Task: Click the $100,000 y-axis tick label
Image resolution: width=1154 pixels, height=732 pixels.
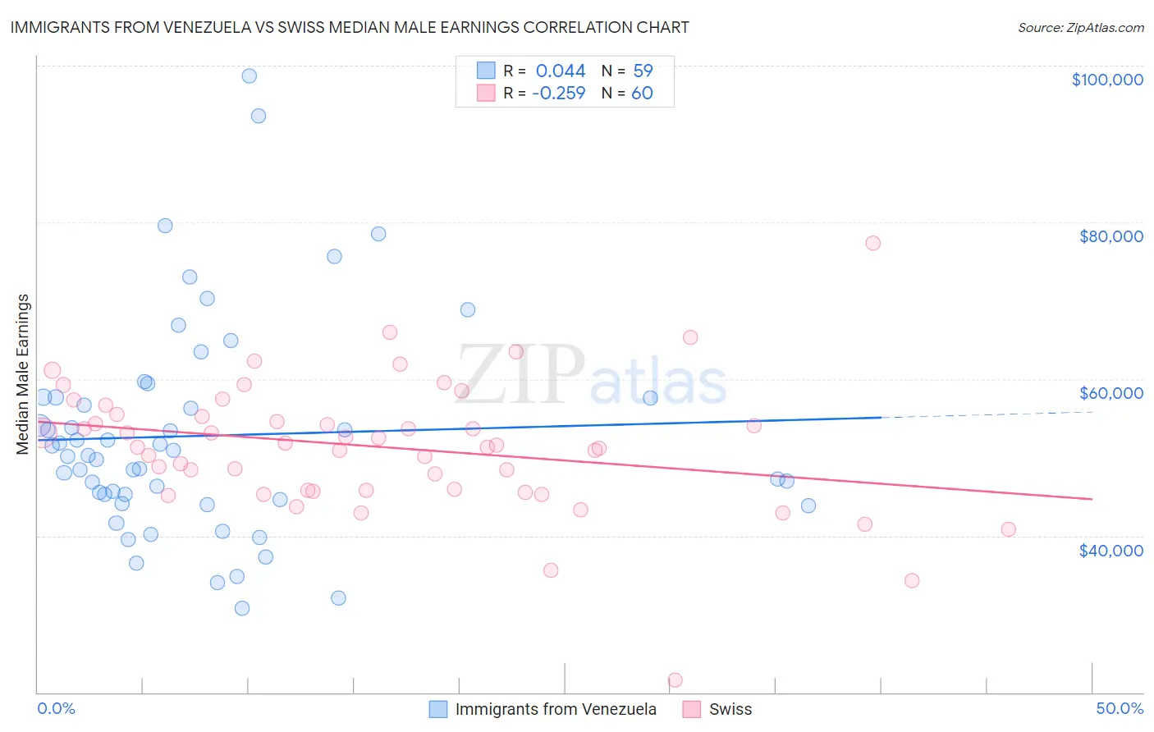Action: point(1106,80)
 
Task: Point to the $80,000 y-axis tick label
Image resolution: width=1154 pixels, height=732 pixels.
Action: point(1110,236)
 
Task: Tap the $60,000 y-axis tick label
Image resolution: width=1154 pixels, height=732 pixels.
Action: point(1110,393)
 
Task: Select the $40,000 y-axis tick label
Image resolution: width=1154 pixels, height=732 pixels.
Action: point(1110,550)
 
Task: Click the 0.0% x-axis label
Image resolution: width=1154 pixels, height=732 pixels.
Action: point(56,708)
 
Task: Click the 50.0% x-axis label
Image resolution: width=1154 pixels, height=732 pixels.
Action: point(1119,708)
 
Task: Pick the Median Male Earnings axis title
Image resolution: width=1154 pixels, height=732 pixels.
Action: point(23,374)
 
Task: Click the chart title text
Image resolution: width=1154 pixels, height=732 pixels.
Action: point(350,27)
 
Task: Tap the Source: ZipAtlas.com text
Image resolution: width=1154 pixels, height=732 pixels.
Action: point(1080,27)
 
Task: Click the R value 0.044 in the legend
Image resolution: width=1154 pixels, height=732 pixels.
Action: point(561,71)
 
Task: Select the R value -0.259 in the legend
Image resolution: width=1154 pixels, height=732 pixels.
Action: point(558,93)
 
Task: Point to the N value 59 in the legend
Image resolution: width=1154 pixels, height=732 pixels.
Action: point(643,71)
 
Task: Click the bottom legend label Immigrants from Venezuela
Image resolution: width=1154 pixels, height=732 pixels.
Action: point(556,709)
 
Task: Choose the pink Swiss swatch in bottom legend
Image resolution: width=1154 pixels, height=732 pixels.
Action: point(691,709)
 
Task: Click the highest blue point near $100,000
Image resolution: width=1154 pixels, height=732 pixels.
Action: point(249,75)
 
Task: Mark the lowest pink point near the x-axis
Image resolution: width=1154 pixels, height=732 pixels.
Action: point(675,679)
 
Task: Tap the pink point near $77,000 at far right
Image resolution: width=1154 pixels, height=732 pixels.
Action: point(872,243)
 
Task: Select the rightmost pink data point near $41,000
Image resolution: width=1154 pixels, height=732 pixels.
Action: point(1008,529)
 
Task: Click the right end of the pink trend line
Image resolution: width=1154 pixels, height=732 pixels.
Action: point(1090,498)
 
